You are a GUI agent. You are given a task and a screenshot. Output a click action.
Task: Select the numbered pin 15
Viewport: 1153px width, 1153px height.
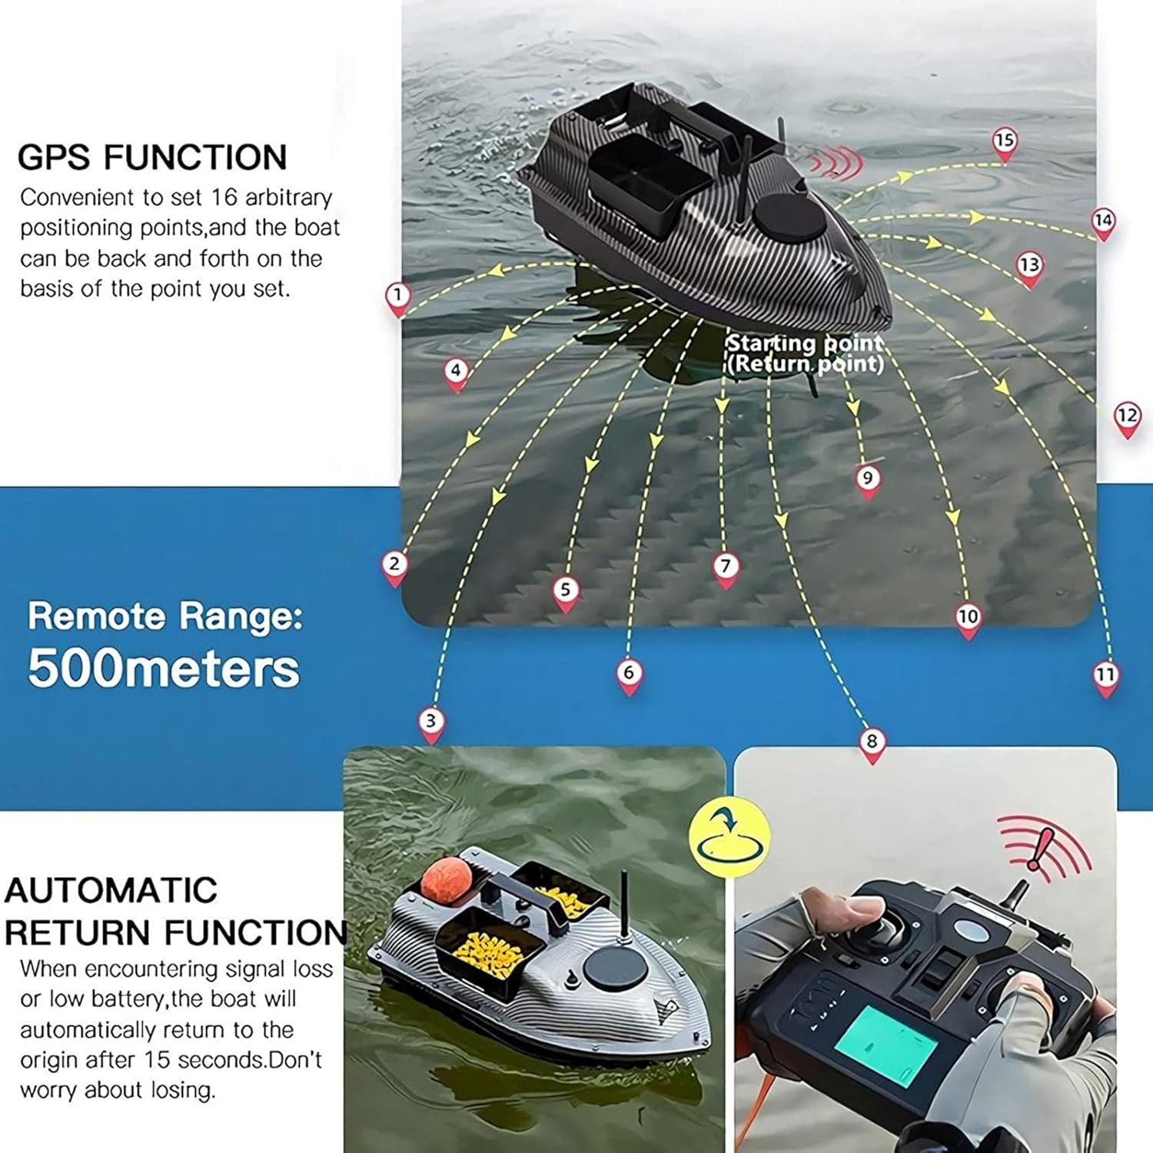coord(1004,144)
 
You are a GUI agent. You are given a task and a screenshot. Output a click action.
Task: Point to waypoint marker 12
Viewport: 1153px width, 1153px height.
coord(1127,419)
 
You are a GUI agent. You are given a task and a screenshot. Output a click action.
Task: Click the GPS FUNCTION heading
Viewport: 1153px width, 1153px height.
coord(151,158)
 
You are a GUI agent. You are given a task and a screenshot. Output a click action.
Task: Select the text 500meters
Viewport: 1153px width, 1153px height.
coord(164,668)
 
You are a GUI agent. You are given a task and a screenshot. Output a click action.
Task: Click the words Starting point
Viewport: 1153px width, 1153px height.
coord(805,343)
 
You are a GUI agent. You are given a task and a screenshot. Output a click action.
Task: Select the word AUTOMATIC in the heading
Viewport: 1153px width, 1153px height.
coord(111,890)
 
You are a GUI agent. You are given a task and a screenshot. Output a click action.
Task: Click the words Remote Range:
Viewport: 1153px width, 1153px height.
coord(165,616)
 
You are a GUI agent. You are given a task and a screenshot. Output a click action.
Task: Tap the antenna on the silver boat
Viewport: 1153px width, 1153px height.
coord(625,907)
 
